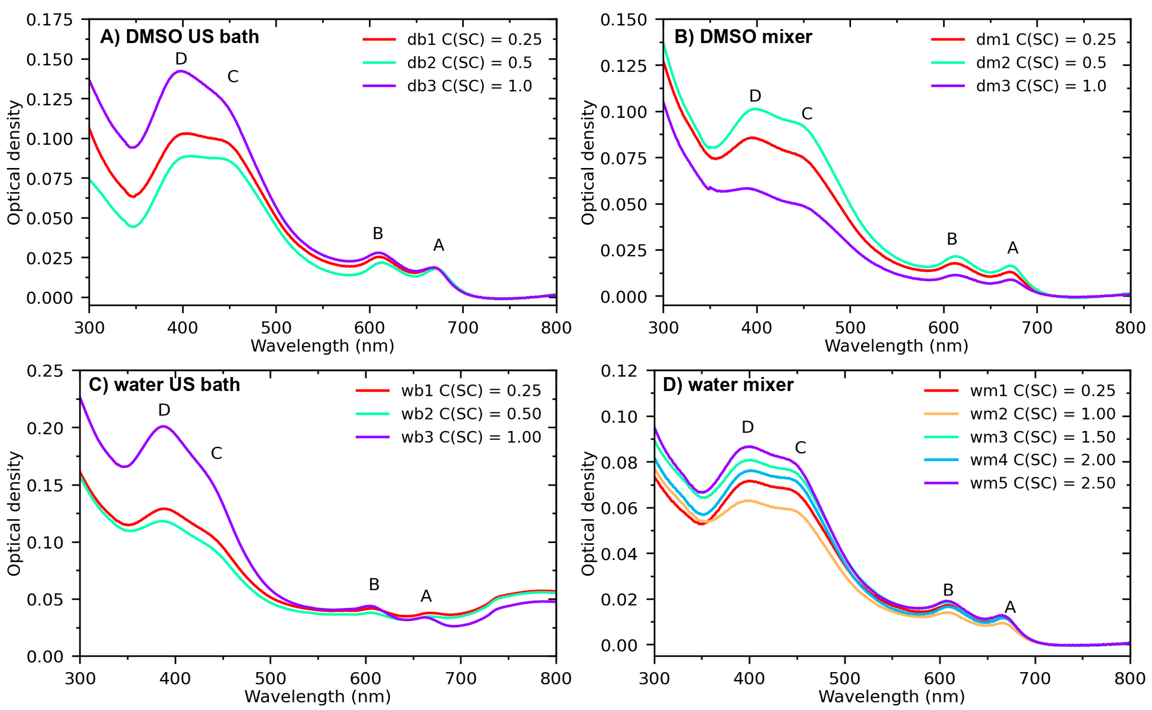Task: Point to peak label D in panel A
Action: (181, 59)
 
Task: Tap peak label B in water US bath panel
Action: (374, 584)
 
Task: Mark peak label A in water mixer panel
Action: (1010, 607)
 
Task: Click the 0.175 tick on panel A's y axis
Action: (50, 20)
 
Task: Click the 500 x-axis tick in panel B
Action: (850, 327)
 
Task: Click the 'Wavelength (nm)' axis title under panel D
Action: (891, 696)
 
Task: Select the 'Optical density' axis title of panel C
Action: (14, 513)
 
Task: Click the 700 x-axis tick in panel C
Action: (461, 678)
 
